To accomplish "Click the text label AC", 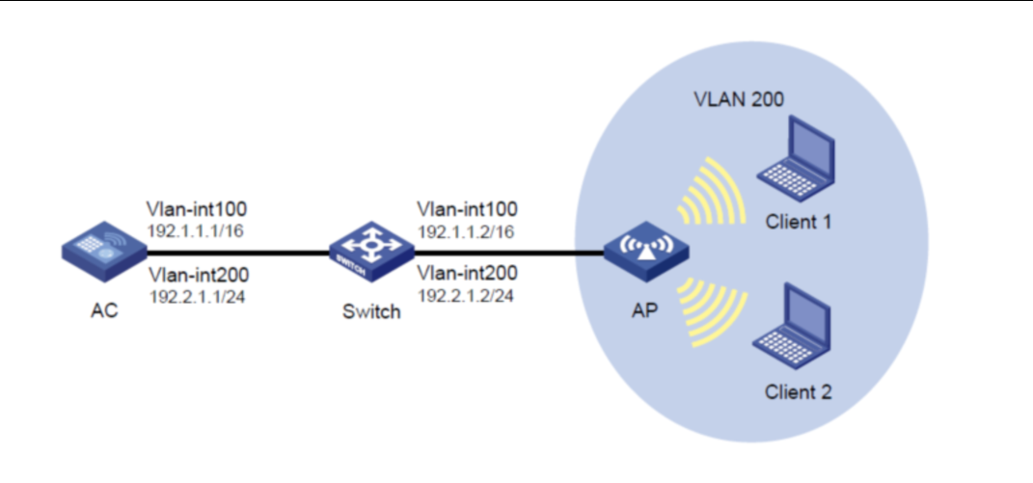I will [101, 311].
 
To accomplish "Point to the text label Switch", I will [370, 312].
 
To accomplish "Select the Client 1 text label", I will [798, 222].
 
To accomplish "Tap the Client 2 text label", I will [798, 391].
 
